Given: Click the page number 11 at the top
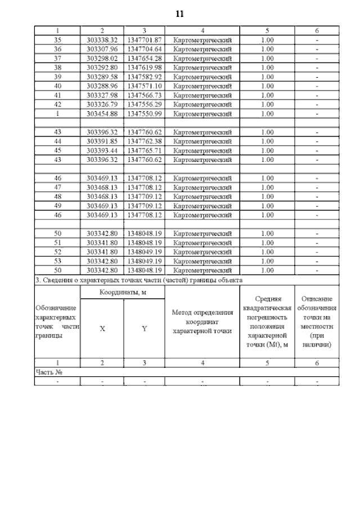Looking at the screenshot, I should pyautogui.click(x=180, y=13).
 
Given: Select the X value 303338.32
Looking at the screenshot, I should pyautogui.click(x=102, y=40).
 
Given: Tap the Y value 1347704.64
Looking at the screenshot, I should pyautogui.click(x=144, y=49).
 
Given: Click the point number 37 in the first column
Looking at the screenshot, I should pyautogui.click(x=57, y=58).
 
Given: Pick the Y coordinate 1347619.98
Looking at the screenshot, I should pyautogui.click(x=144, y=67).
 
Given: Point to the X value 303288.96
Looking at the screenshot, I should pyautogui.click(x=102, y=86).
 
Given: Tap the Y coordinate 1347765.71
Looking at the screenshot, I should pyautogui.click(x=144, y=151).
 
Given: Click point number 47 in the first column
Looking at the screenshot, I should pyautogui.click(x=57, y=187).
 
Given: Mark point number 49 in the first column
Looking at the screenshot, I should pyautogui.click(x=57, y=206).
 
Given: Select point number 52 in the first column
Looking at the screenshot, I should pyautogui.click(x=57, y=252).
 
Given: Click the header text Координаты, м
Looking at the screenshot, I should pyautogui.click(x=122, y=292).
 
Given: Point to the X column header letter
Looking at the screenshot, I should pyautogui.click(x=102, y=329).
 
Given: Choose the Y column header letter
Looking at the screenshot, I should pyautogui.click(x=144, y=329).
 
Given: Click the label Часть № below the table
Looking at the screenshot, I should pyautogui.click(x=48, y=372).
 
